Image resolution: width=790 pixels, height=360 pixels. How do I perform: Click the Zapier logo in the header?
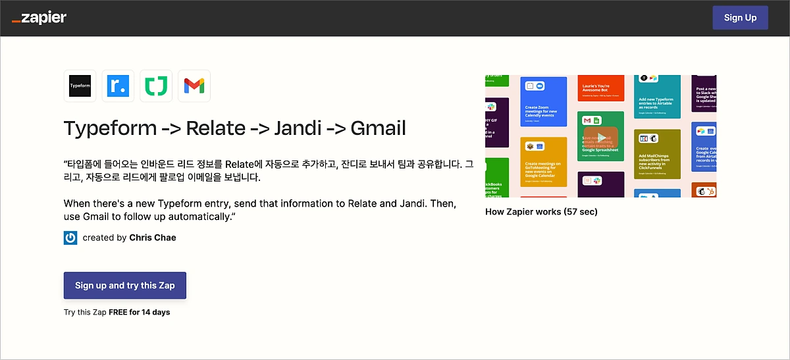click(x=39, y=18)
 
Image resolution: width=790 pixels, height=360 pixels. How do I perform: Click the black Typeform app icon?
click(x=80, y=86)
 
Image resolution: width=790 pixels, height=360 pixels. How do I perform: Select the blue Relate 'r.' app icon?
click(x=118, y=86)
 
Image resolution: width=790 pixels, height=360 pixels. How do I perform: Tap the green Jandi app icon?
click(x=156, y=86)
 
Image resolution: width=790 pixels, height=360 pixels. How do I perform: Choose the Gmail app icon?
click(x=194, y=86)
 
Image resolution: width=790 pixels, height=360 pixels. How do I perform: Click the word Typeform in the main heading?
click(x=109, y=128)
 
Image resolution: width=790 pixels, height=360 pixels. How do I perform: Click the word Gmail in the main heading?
click(x=378, y=128)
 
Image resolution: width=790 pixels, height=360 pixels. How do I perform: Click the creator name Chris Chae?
click(x=153, y=238)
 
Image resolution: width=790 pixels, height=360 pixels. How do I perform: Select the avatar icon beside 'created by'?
click(x=70, y=238)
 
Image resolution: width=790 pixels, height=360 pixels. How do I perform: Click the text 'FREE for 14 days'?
click(x=140, y=312)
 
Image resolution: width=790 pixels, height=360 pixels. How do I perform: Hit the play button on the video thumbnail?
click(x=600, y=136)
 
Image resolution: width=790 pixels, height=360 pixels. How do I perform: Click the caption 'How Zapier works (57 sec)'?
click(x=541, y=212)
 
